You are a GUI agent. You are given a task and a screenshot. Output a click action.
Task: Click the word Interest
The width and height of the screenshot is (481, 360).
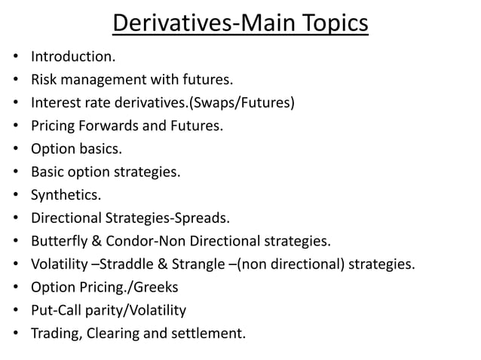point(54,102)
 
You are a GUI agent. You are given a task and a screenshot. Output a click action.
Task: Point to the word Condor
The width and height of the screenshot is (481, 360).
point(127,241)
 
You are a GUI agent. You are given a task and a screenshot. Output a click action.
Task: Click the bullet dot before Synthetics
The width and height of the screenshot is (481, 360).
point(15,195)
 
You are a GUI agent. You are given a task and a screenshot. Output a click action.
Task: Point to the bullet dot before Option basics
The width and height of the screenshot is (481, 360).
point(15,148)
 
